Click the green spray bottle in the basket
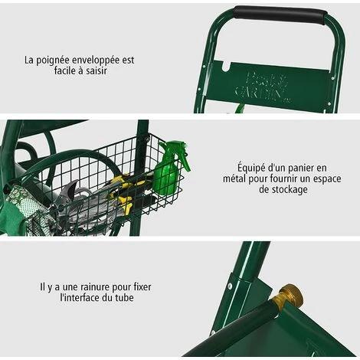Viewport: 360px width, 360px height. tap(168, 172)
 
